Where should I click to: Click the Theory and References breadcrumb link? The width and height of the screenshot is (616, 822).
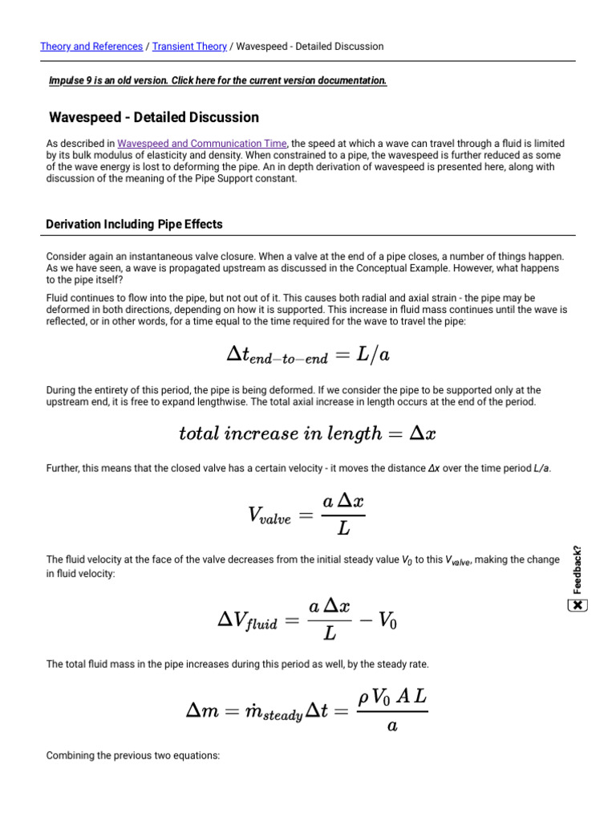click(x=91, y=47)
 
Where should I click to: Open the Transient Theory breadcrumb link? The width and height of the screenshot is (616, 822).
click(x=188, y=47)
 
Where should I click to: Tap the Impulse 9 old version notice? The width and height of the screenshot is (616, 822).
click(x=217, y=81)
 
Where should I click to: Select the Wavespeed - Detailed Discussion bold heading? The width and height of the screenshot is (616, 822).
click(x=154, y=118)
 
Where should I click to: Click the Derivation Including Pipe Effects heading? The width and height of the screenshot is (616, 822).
click(x=134, y=224)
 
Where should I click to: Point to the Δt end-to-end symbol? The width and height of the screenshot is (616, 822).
click(x=271, y=356)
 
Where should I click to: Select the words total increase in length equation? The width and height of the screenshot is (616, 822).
click(x=280, y=433)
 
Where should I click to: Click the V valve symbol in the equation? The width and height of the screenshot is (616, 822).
click(x=269, y=518)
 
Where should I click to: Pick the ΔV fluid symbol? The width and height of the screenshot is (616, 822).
click(x=247, y=620)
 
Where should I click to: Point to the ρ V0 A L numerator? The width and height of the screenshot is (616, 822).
click(x=392, y=697)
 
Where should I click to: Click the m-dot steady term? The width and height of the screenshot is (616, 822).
click(x=274, y=712)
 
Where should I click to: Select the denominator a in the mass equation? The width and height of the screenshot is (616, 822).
click(x=391, y=726)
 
